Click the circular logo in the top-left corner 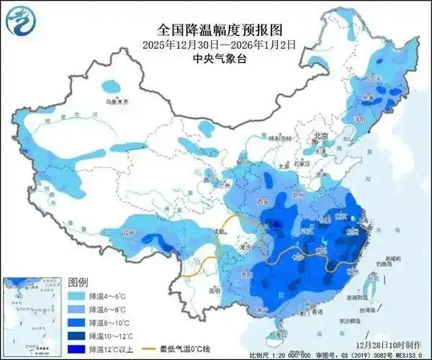pyautogui.click(x=19, y=19)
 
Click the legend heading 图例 pyautogui.click(x=78, y=281)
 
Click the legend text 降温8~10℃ pyautogui.click(x=107, y=322)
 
